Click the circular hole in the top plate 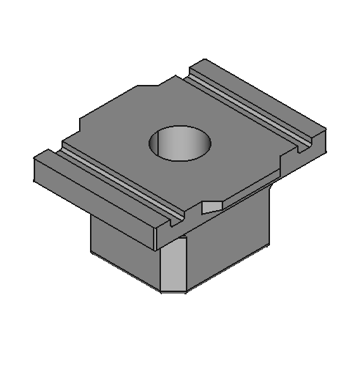179,142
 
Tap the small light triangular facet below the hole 212,206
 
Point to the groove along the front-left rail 121,183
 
